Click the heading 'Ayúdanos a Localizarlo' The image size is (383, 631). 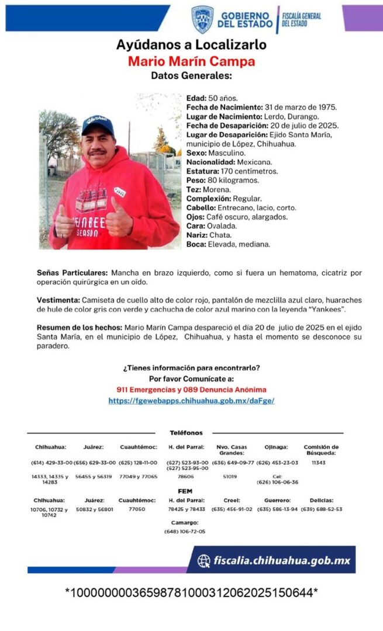[x=191, y=45]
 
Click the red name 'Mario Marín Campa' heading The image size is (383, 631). [x=191, y=61]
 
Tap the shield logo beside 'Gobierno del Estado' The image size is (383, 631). [x=202, y=19]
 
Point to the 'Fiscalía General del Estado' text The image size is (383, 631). [x=301, y=19]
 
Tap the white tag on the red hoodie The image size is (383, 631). [x=120, y=191]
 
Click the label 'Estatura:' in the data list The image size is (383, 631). [x=202, y=171]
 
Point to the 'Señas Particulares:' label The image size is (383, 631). [x=72, y=273]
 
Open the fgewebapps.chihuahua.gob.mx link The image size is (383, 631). [x=191, y=401]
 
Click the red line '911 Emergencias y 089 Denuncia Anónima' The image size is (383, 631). [x=191, y=389]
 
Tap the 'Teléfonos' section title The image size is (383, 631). [x=187, y=433]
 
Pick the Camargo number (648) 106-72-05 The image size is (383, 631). [x=185, y=532]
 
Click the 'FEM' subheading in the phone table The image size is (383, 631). [x=185, y=491]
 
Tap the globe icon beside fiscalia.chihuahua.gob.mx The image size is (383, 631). [x=204, y=561]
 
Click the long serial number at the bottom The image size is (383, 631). [x=191, y=593]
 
